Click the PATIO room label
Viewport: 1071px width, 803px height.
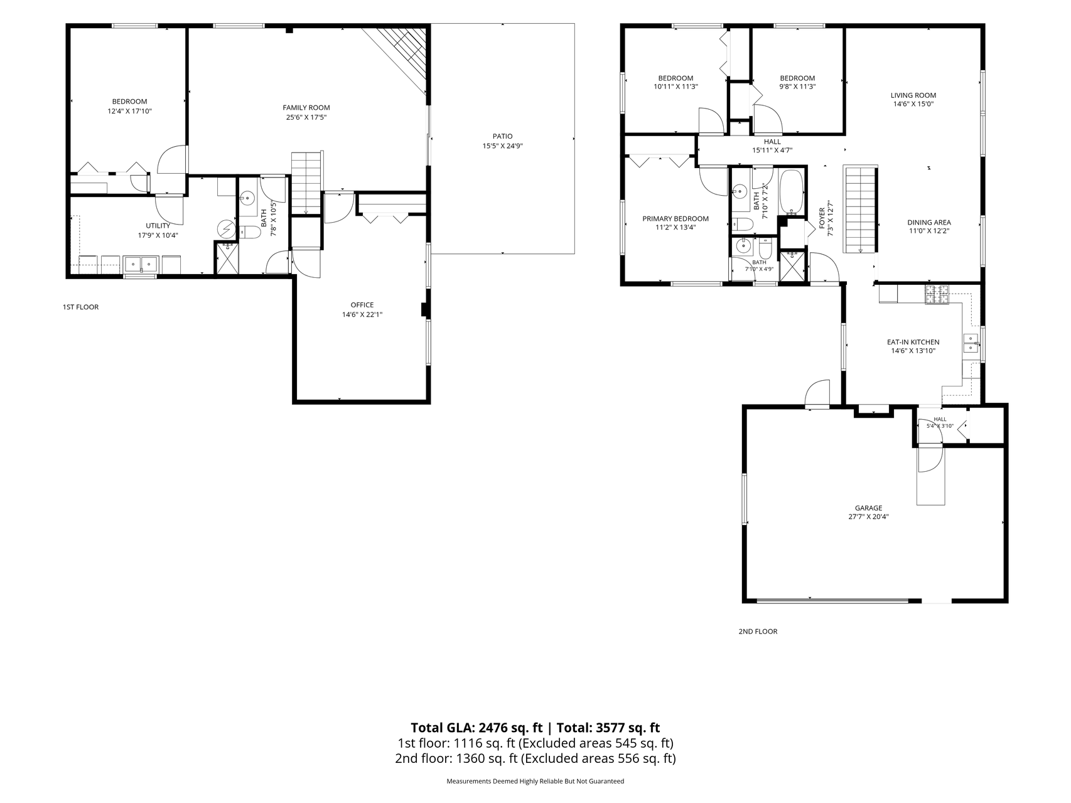[502, 136]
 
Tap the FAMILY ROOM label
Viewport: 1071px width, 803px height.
[306, 107]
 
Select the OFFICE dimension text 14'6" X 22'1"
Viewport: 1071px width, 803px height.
[362, 315]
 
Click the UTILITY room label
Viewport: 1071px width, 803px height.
[158, 226]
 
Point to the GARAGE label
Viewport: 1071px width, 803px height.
[868, 508]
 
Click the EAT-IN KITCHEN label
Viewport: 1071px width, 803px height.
[913, 342]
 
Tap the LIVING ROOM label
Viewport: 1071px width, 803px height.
[913, 95]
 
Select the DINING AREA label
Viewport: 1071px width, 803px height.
[929, 222]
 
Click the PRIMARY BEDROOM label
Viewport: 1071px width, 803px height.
[675, 218]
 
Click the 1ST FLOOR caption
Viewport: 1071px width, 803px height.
[80, 307]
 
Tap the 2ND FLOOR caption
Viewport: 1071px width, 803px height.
[758, 631]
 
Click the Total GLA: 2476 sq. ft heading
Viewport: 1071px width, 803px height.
[476, 728]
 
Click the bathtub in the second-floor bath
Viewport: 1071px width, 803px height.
[792, 192]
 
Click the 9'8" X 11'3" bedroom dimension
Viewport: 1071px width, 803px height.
[797, 87]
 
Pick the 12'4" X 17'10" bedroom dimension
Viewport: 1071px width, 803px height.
[130, 111]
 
